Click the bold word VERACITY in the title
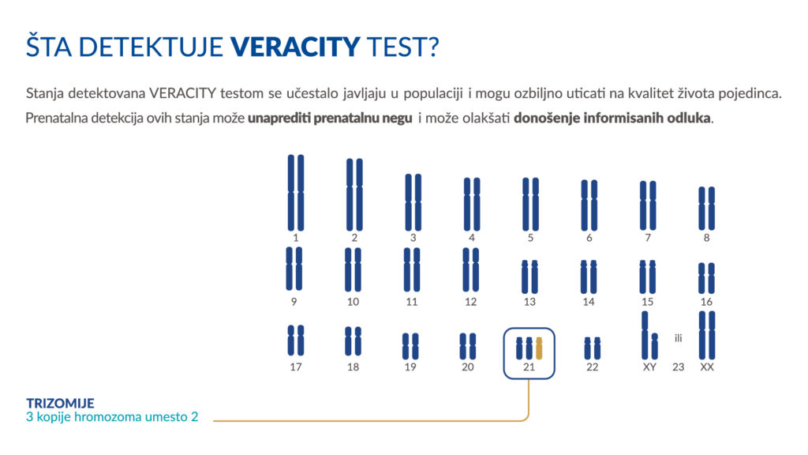(295, 47)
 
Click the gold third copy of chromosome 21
(540, 348)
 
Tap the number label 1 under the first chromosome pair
(296, 238)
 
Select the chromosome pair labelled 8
(707, 208)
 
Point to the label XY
(649, 367)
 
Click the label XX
(707, 367)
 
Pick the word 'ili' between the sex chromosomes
(678, 338)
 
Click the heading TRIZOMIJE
(60, 403)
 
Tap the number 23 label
(678, 367)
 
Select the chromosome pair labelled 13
(529, 277)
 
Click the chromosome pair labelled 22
(593, 348)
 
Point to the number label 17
(296, 367)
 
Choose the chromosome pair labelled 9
(294, 269)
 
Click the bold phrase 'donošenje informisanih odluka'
(612, 119)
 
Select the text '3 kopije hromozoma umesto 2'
(112, 417)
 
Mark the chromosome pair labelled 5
(530, 204)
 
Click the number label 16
(707, 302)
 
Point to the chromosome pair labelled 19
(410, 346)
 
